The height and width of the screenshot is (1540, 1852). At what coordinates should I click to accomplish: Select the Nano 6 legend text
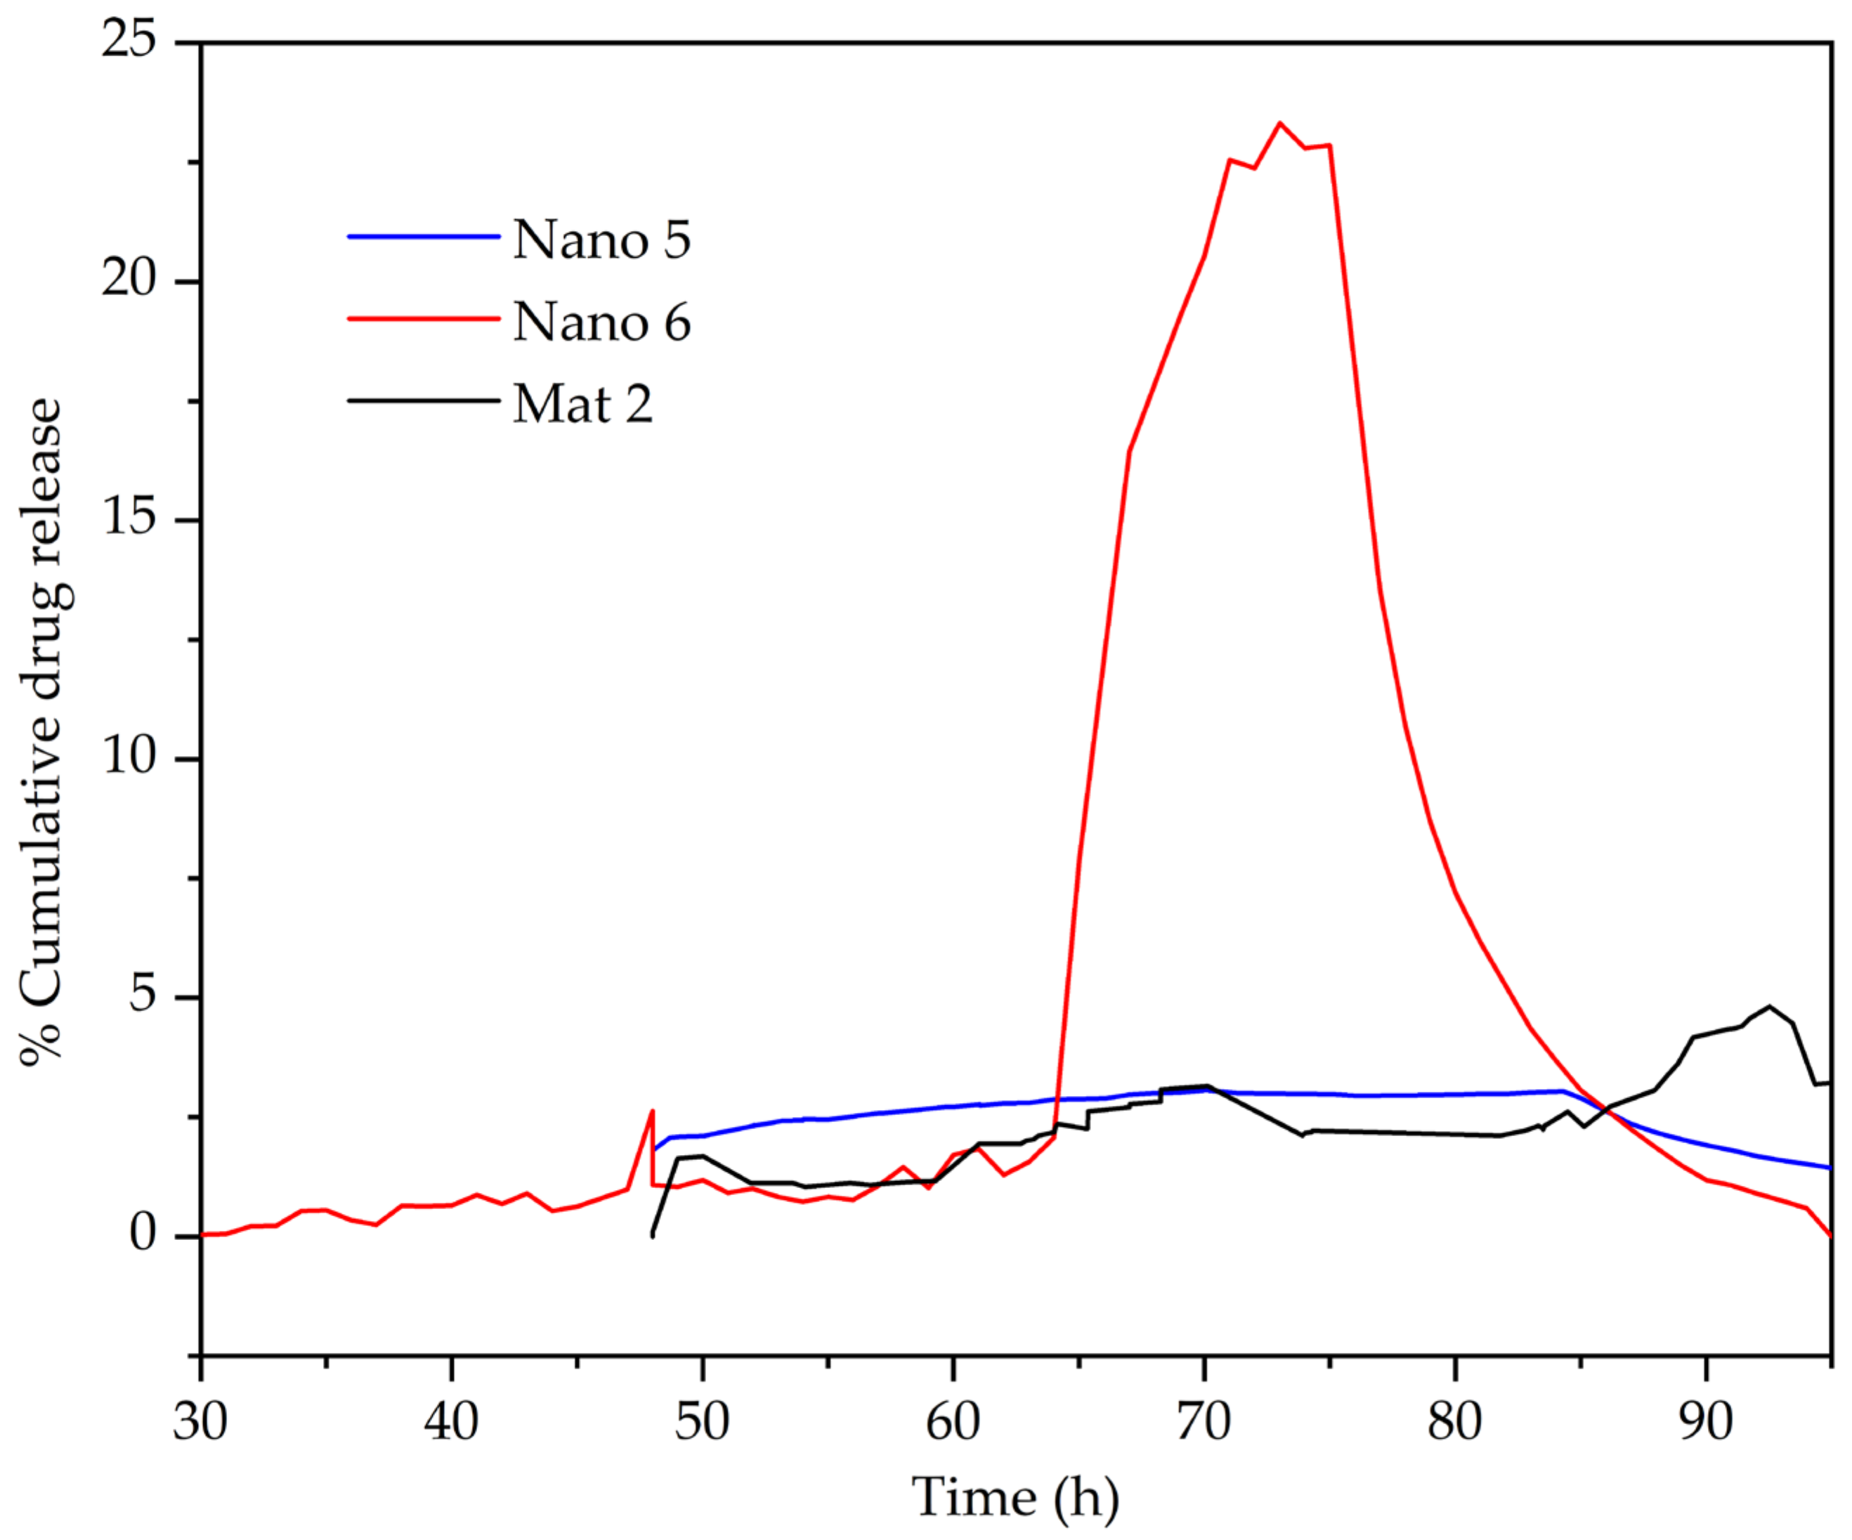coord(601,322)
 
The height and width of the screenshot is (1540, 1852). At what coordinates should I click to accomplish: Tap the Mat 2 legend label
coord(582,404)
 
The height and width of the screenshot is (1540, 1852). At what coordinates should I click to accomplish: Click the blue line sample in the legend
coord(424,236)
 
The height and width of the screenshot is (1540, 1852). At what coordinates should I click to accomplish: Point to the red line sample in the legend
coord(424,318)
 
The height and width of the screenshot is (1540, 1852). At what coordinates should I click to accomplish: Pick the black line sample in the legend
coord(424,400)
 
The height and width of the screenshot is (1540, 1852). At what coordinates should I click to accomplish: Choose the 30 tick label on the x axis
coord(200,1423)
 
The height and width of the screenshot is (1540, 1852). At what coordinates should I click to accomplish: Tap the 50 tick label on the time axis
coord(702,1423)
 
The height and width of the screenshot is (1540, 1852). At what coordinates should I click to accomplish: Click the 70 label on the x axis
coord(1204,1423)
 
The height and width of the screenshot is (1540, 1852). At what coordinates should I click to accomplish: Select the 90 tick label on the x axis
coord(1706,1423)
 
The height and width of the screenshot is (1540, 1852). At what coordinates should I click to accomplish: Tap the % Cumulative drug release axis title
coord(42,732)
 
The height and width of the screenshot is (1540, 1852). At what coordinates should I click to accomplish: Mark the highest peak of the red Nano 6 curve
coord(1279,124)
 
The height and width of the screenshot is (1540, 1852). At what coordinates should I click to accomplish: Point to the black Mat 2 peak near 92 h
coord(1769,1006)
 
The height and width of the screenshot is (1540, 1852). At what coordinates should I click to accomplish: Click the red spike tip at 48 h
coord(652,1111)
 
